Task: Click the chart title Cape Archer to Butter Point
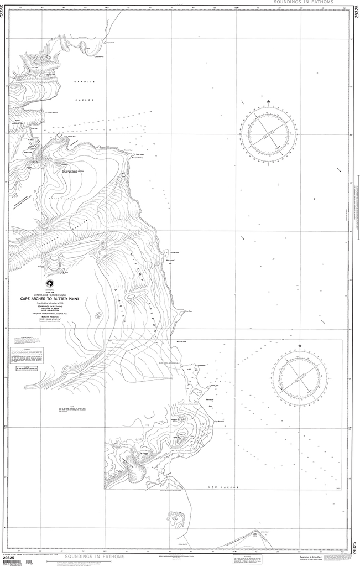[x=58, y=299]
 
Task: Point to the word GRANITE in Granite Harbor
[x=85, y=82]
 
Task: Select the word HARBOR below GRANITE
[x=85, y=100]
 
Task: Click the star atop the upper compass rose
[x=268, y=102]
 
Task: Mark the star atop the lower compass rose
[x=300, y=346]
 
